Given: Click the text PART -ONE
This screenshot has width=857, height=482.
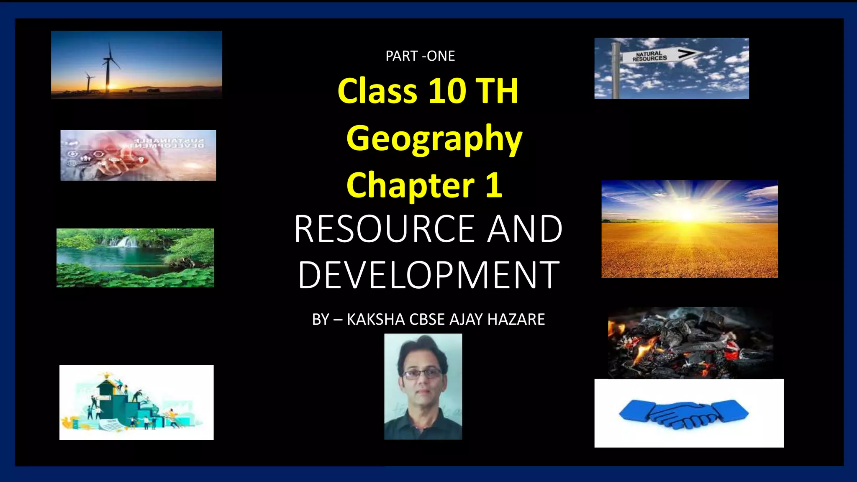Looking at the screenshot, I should coord(420,56).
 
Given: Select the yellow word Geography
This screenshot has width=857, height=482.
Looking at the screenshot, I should coord(434,139).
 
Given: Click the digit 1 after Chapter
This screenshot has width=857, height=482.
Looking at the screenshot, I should coord(494,185).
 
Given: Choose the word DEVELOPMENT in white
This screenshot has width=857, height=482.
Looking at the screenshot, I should coord(428,275).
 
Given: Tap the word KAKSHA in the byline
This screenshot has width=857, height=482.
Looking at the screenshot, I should coord(376,319).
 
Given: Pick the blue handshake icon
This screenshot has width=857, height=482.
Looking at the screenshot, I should coord(684,414).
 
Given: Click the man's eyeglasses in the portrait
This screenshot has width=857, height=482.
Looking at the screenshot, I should coord(422,373).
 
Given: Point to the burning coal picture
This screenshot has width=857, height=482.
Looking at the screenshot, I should coord(690,343).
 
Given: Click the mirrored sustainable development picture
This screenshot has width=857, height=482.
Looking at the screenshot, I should coord(138,155).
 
